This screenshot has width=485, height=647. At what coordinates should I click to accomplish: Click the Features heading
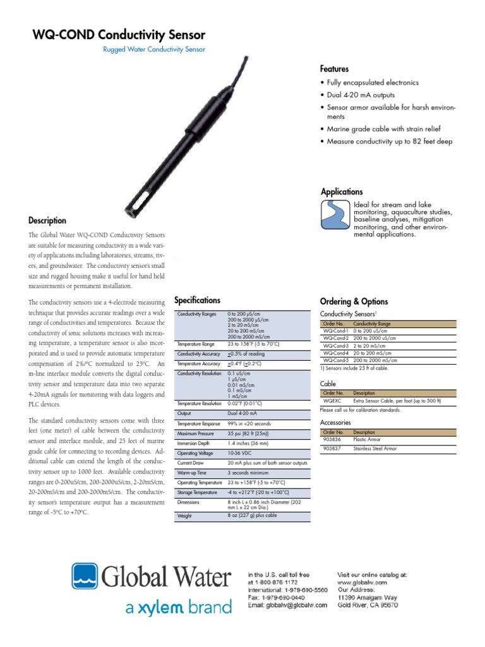pos(335,69)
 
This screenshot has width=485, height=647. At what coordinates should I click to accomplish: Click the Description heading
pos(47,221)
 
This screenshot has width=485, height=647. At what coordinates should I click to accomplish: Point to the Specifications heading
pos(197,300)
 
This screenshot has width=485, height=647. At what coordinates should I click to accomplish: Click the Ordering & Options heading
pos(354,301)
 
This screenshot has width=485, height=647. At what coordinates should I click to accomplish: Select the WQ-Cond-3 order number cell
pos(335,346)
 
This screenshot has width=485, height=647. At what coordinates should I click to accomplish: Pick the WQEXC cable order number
pos(332,400)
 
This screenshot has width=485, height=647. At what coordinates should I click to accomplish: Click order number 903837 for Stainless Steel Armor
pos(332,449)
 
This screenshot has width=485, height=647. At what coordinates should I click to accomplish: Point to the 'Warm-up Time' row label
pos(193,473)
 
